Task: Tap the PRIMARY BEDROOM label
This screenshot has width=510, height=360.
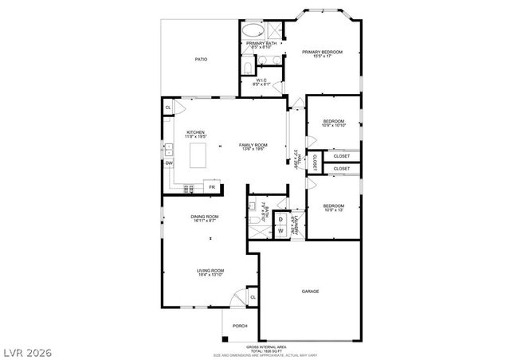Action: pos(322,52)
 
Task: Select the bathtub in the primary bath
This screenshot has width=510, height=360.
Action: pos(255,31)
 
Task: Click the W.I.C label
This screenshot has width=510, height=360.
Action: pos(262,80)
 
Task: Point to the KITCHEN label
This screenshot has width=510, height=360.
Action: pos(195,132)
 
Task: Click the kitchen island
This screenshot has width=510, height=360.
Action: pos(200,155)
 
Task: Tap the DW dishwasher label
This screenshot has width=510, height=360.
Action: pos(169,163)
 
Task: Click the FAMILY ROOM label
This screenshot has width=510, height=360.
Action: pos(253,144)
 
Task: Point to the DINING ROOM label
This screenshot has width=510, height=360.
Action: pos(206,217)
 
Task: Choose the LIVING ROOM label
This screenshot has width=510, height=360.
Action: pos(210,271)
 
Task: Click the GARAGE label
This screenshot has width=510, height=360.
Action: pos(311,292)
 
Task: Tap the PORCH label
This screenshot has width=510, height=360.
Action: pos(239,326)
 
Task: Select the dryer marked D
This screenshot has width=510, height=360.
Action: pos(280,218)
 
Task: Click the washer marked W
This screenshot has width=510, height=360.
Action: pos(280,231)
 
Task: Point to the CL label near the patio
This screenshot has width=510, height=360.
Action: pos(168,107)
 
